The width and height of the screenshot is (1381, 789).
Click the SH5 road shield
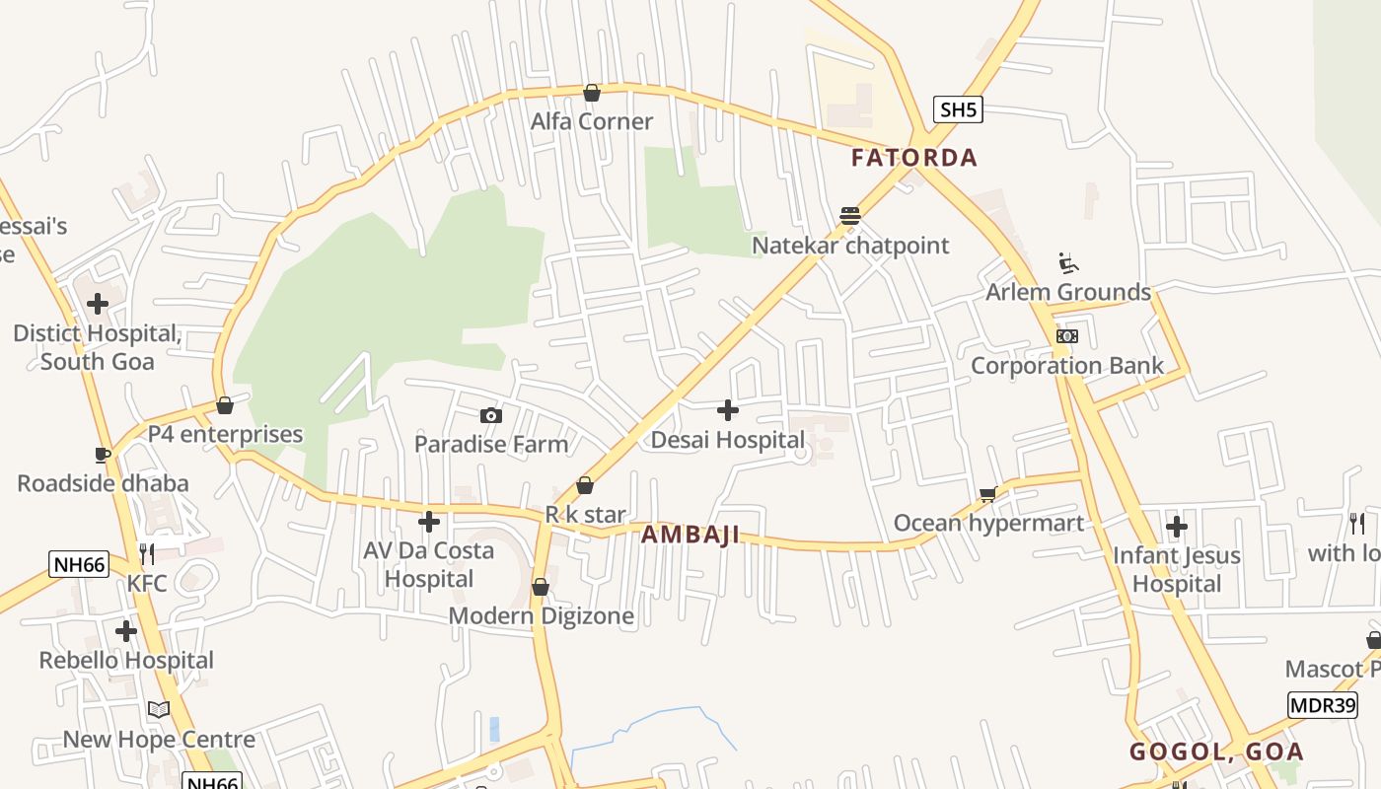[x=958, y=109]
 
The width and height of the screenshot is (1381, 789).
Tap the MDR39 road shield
[x=1323, y=705]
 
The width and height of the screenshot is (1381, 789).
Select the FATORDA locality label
[x=914, y=158]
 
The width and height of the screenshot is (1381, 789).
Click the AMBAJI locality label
[x=690, y=536]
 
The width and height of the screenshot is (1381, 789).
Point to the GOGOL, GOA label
[x=1216, y=752]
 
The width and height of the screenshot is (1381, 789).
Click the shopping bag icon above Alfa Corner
[x=592, y=93]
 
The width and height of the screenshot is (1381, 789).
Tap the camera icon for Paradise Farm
[x=490, y=416]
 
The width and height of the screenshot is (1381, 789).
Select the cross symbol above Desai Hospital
[x=728, y=410]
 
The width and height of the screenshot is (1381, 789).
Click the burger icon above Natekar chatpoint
[x=850, y=215]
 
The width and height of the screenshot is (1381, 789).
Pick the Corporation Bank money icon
[x=1066, y=336]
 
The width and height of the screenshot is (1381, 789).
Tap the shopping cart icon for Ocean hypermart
[x=987, y=494]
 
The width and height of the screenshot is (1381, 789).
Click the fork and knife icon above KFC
[x=147, y=553]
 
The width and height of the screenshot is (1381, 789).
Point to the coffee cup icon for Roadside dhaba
[x=103, y=455]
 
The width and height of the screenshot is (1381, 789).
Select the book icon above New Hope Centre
[x=159, y=709]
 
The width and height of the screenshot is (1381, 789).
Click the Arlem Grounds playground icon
[x=1068, y=262]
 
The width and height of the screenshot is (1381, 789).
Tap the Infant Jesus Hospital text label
[x=1177, y=569]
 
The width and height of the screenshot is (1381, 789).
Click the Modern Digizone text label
[x=541, y=616]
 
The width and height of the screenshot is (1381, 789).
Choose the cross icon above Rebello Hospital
[x=126, y=630]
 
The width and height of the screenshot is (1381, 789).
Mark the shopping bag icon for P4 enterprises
[x=225, y=405]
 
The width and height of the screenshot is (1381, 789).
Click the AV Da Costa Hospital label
[x=429, y=564]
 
